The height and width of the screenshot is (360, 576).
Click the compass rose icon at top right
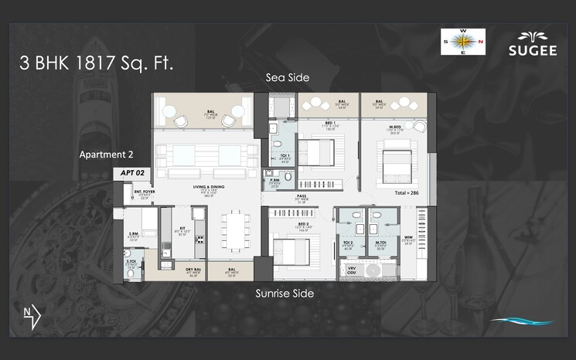pyautogui.click(x=462, y=42)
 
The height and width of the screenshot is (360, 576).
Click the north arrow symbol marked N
pyautogui.click(x=32, y=314)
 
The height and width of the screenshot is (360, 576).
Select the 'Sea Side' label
pyautogui.click(x=287, y=77)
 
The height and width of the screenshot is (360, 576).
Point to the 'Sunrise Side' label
pyautogui.click(x=285, y=294)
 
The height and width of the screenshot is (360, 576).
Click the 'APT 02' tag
pyautogui.click(x=130, y=174)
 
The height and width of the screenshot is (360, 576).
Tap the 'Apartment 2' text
pyautogui.click(x=107, y=155)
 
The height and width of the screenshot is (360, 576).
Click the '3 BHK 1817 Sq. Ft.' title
pyautogui.click(x=97, y=63)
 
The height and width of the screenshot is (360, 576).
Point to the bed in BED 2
pyautogui.click(x=291, y=250)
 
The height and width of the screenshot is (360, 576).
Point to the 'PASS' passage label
pyautogui.click(x=302, y=197)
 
